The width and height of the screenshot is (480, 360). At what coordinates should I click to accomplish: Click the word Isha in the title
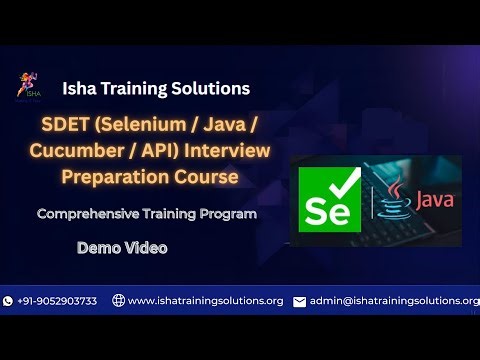coord(80,89)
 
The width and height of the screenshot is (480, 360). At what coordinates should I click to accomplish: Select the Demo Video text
coord(122,246)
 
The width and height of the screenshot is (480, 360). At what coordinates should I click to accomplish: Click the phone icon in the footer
coord(9,301)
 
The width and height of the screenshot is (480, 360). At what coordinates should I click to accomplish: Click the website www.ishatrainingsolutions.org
coord(205,301)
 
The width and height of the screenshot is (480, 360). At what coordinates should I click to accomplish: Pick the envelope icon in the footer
coord(299,301)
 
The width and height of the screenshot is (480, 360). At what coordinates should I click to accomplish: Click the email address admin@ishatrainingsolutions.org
coord(394,301)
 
